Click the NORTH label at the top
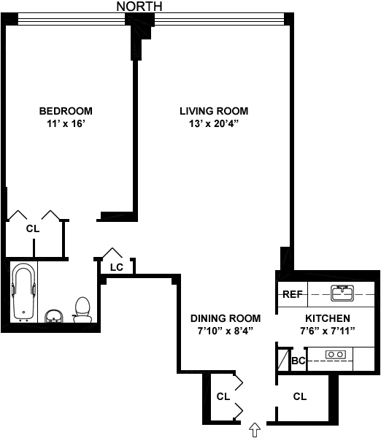pyautogui.click(x=139, y=7)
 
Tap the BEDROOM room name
pyautogui.click(x=66, y=111)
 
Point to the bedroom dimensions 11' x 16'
pyautogui.click(x=66, y=123)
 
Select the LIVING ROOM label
pyautogui.click(x=214, y=111)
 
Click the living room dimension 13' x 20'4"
pyautogui.click(x=214, y=123)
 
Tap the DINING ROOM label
pyautogui.click(x=226, y=318)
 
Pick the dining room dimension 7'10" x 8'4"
pyautogui.click(x=226, y=331)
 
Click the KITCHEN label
pyautogui.click(x=328, y=318)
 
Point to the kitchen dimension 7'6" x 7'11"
pyautogui.click(x=328, y=331)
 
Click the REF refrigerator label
pyautogui.click(x=293, y=294)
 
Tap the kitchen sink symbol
pyautogui.click(x=342, y=293)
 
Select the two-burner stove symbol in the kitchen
pyautogui.click(x=336, y=355)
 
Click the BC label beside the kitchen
pyautogui.click(x=299, y=361)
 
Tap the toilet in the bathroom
pyautogui.click(x=82, y=310)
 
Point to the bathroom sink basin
pyautogui.click(x=54, y=316)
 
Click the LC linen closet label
pyautogui.click(x=117, y=267)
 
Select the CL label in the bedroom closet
pyautogui.click(x=33, y=228)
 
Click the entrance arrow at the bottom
pyautogui.click(x=255, y=430)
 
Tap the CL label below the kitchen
pyautogui.click(x=300, y=396)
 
